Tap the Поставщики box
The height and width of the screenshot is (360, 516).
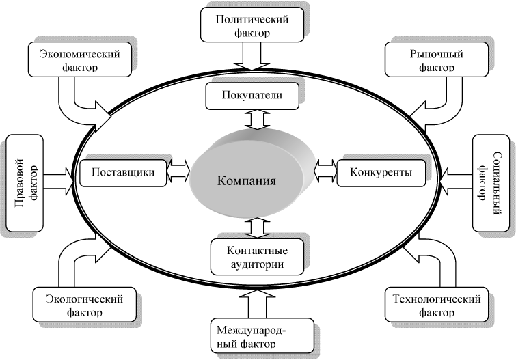click(123, 171)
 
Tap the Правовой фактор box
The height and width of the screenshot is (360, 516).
click(23, 182)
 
